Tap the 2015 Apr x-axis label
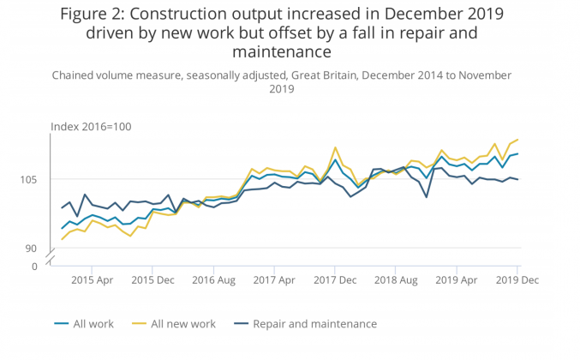pyautogui.click(x=93, y=280)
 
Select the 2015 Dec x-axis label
pyautogui.click(x=153, y=280)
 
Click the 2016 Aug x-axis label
pyautogui.click(x=213, y=280)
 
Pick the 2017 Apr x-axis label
pyautogui.click(x=275, y=280)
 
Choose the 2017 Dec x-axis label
pyautogui.click(x=335, y=280)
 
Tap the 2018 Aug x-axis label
pyautogui.click(x=396, y=280)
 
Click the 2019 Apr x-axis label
pyautogui.click(x=457, y=280)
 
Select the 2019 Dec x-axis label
pyautogui.click(x=517, y=280)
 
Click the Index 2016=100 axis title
pyautogui.click(x=90, y=127)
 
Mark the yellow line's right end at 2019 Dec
pyautogui.click(x=518, y=139)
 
